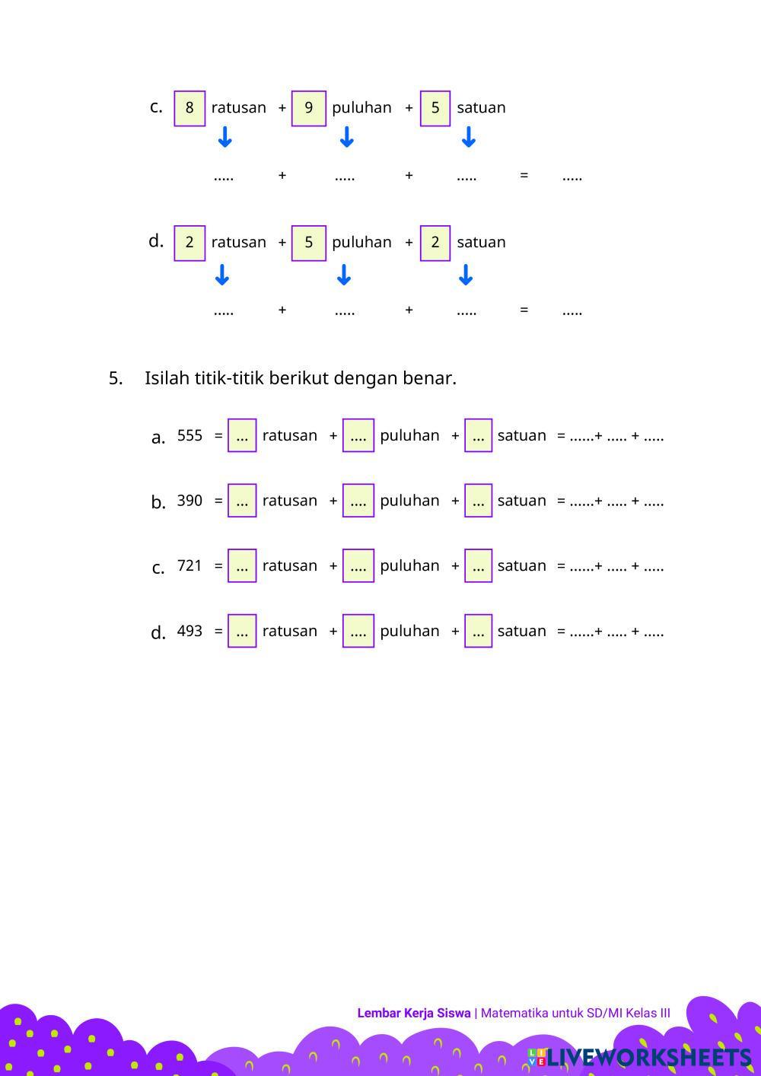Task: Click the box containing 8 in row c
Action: coord(189,108)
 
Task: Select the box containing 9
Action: coord(308,108)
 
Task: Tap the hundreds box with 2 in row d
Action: coord(189,243)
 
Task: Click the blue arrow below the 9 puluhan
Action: coord(346,137)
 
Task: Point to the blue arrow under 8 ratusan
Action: coord(224,137)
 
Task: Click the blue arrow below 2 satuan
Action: coord(466,274)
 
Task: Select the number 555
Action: coord(189,435)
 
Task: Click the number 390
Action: coord(189,501)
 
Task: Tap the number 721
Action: coord(189,565)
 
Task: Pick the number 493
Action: coord(189,631)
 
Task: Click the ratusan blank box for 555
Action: coord(242,435)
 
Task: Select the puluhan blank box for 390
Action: coord(358,501)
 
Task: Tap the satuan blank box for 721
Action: coord(478,565)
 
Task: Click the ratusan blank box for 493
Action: coord(242,631)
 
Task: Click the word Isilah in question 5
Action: coord(167,378)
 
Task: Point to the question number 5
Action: coord(116,378)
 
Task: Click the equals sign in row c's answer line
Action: coord(524,176)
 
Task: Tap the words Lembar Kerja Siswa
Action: coord(413,1013)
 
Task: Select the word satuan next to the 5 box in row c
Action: coord(481,108)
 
